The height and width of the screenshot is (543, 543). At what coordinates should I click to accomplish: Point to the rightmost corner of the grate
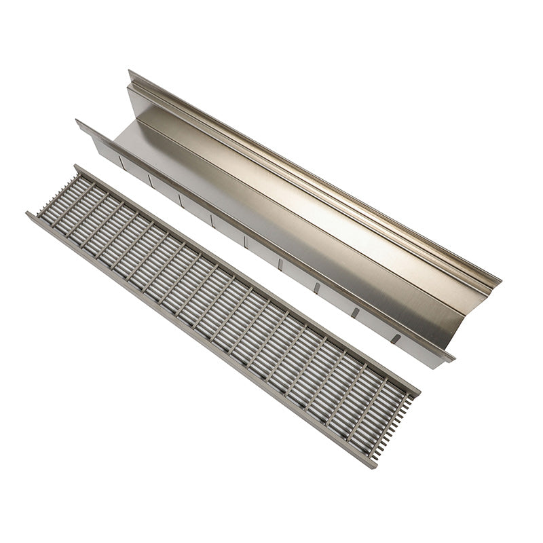[x=419, y=392]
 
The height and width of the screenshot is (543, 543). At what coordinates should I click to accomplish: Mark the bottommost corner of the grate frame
[x=373, y=467]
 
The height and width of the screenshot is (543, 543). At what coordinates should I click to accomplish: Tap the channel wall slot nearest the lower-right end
[x=396, y=338]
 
